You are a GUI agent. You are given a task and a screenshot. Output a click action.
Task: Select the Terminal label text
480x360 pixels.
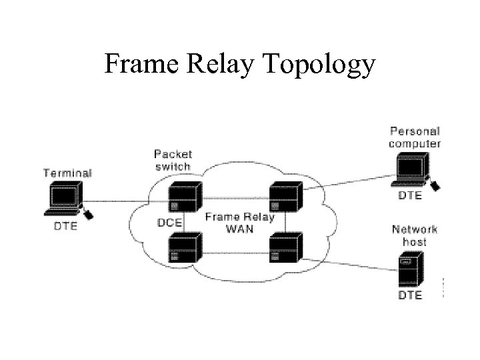click(67, 173)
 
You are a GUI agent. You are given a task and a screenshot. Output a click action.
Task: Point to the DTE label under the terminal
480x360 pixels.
click(65, 226)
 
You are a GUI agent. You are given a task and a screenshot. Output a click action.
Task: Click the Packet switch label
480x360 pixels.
click(173, 159)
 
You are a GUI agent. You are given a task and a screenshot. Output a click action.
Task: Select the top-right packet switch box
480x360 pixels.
click(285, 197)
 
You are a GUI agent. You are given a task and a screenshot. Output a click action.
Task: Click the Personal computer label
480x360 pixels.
click(415, 137)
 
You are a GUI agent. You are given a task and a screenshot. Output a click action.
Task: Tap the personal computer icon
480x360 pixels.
click(411, 170)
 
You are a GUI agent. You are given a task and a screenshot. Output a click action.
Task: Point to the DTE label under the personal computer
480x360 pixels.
click(410, 196)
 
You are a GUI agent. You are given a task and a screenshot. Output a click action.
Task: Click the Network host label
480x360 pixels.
click(415, 235)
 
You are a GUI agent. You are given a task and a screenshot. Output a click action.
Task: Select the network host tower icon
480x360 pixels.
click(411, 267)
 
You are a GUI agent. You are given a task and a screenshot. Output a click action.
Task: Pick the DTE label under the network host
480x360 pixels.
click(410, 295)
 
